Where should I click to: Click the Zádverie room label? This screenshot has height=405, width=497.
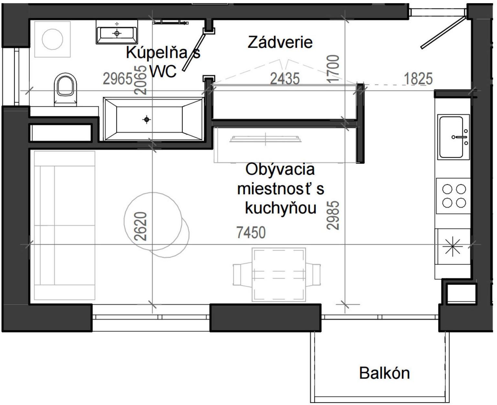[x=280, y=42]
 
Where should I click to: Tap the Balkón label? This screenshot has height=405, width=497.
[x=384, y=373]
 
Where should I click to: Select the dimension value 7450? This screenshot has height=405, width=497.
[x=251, y=232]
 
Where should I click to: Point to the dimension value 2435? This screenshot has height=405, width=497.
[x=285, y=79]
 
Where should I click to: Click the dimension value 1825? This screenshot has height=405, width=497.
[x=418, y=79]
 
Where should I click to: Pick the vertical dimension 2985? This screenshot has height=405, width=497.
[x=333, y=215]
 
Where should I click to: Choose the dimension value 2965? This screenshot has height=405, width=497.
[x=118, y=79]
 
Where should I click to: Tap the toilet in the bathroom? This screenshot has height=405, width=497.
[x=66, y=88]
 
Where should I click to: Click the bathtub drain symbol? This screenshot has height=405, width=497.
[x=147, y=120]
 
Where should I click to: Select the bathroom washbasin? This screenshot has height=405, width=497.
[x=117, y=33]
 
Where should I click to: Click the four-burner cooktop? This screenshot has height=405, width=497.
[x=454, y=196]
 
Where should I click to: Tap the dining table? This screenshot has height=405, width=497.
[x=279, y=275]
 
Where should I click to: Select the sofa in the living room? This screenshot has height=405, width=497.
[x=64, y=225]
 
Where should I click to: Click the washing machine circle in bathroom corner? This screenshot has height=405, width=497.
[x=52, y=39]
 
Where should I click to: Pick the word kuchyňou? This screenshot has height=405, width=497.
[x=280, y=208]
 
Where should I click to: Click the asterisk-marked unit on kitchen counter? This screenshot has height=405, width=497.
[x=453, y=246]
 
